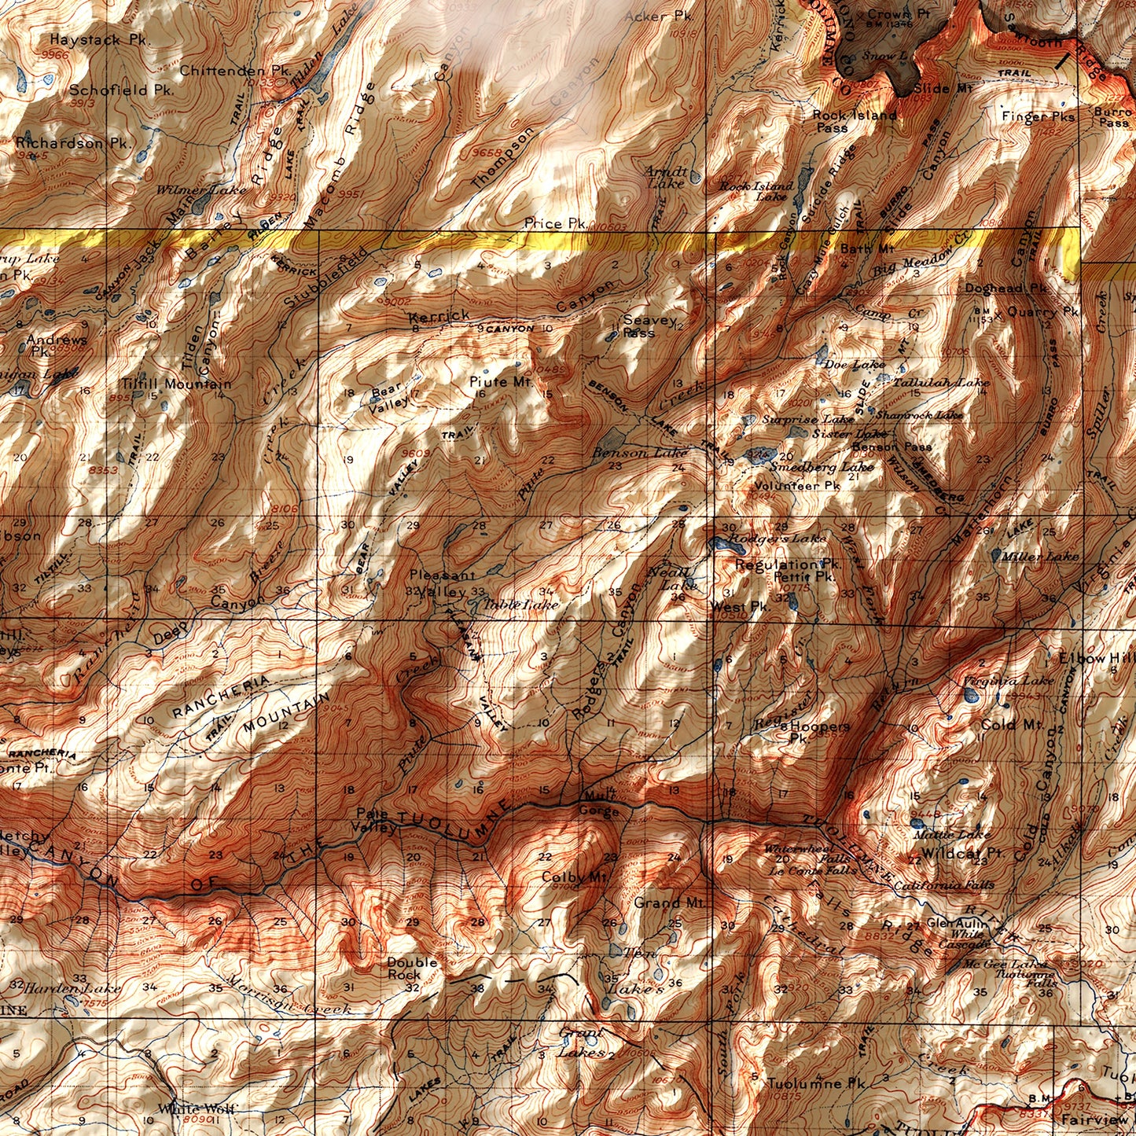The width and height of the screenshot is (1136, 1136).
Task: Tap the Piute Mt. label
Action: click(502, 382)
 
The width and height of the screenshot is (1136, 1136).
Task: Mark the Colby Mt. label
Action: click(575, 877)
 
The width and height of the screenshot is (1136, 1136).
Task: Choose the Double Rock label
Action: click(412, 969)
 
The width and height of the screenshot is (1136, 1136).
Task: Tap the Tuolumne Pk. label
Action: click(816, 1083)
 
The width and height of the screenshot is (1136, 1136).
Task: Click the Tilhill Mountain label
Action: click(176, 384)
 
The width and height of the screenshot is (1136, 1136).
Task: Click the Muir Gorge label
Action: click(600, 803)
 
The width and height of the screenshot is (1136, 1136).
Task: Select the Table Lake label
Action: click(521, 605)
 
